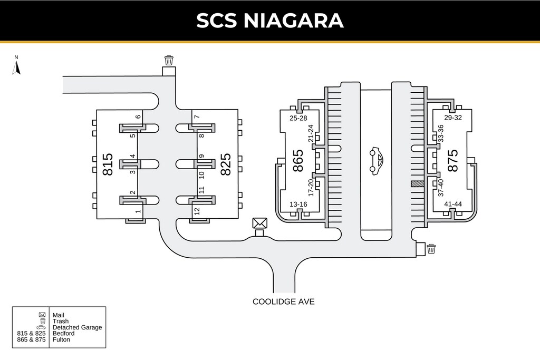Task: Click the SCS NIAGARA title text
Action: coord(270,21)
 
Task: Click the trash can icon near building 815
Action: coord(169,60)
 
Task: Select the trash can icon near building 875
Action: coord(431,249)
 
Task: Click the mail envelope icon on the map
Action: coord(259,223)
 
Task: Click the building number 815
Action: coord(107,164)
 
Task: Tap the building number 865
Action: coord(298,161)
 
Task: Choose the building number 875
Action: coord(452,161)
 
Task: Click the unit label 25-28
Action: coord(298,118)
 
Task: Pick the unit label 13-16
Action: coord(298,204)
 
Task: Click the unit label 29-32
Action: coord(452,118)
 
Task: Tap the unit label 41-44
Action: coord(452,204)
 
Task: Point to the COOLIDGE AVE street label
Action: coord(283,301)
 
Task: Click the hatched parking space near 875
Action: coord(417,184)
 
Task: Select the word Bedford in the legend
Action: coord(63,334)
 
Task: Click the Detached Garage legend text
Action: coord(77,327)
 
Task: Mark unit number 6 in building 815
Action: coord(138,116)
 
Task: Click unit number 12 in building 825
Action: coord(197,211)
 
